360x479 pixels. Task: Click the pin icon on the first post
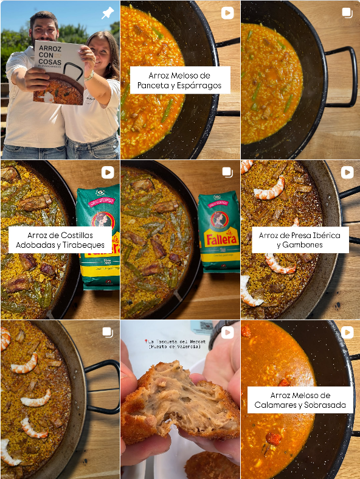(107, 13)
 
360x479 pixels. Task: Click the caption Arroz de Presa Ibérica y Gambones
(300, 240)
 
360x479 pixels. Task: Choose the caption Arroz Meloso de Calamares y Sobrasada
(300, 400)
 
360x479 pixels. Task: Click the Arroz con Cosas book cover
(59, 72)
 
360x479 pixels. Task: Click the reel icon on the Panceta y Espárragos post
(227, 13)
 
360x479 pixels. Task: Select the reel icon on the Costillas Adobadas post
(107, 173)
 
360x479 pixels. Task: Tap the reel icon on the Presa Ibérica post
(347, 173)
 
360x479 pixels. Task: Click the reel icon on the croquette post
(227, 332)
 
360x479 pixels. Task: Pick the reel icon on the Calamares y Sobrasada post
(347, 332)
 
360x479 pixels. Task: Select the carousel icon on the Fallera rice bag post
(227, 173)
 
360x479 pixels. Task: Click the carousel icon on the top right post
(347, 13)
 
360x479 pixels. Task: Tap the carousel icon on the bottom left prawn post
(107, 332)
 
